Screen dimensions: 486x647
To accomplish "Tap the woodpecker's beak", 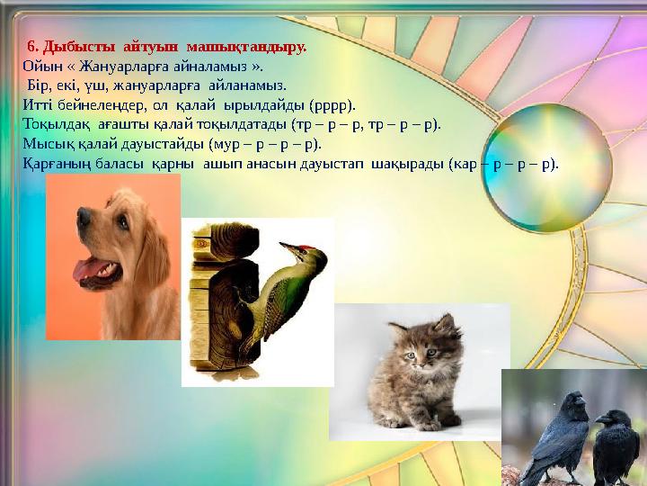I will coord(286,246).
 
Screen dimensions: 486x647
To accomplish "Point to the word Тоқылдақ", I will coord(57,124).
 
